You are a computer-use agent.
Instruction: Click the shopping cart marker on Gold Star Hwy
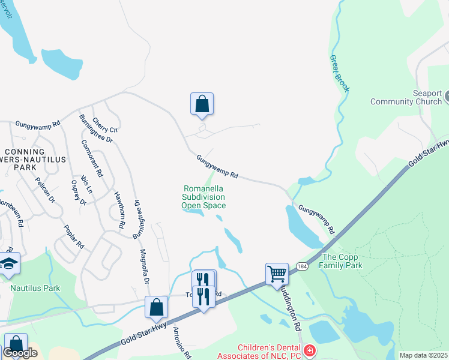coord(277,274)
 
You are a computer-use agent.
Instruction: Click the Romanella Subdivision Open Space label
coord(204,197)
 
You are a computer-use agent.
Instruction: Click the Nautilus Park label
coord(35,288)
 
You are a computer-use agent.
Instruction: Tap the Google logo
coord(20,353)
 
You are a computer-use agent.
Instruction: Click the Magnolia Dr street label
coord(144,267)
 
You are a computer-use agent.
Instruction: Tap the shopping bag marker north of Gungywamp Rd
coord(202,104)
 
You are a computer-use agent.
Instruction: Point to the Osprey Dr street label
coord(79,192)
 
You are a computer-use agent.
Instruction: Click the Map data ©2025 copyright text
coord(423,355)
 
